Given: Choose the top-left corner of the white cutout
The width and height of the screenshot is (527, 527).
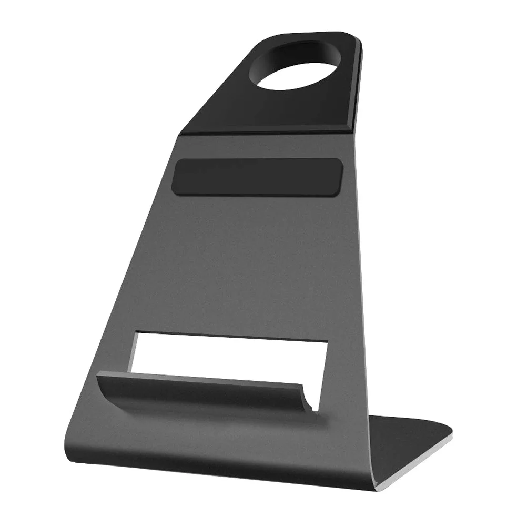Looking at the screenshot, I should (138, 333).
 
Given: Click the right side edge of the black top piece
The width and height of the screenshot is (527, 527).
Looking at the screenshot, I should (359, 79).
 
